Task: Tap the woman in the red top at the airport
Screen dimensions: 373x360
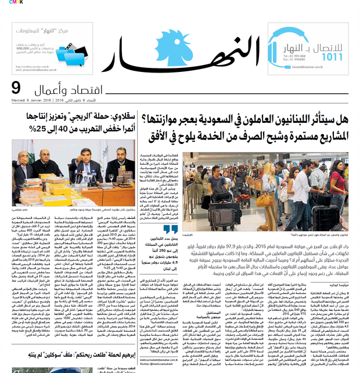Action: pyautogui.click(x=337, y=175)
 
